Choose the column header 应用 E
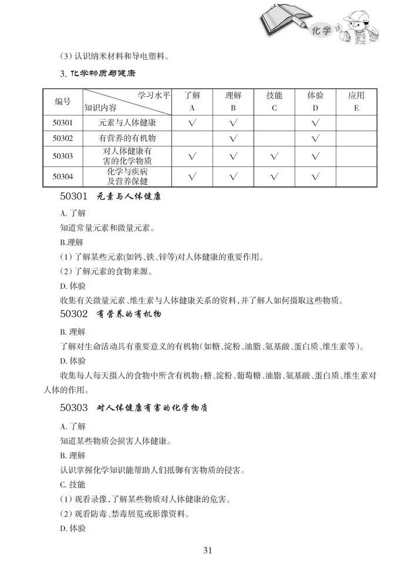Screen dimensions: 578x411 pyautogui.click(x=356, y=101)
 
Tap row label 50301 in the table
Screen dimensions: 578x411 pyautogui.click(x=63, y=123)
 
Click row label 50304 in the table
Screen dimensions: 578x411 pyautogui.click(x=63, y=175)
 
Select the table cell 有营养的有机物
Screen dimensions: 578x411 pyautogui.click(x=127, y=138)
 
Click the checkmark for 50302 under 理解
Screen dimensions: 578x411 pyautogui.click(x=233, y=138)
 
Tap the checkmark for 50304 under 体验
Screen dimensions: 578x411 pyautogui.click(x=315, y=175)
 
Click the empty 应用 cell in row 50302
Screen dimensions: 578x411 pyautogui.click(x=356, y=138)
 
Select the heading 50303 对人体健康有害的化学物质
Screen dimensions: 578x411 pyautogui.click(x=134, y=407)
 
